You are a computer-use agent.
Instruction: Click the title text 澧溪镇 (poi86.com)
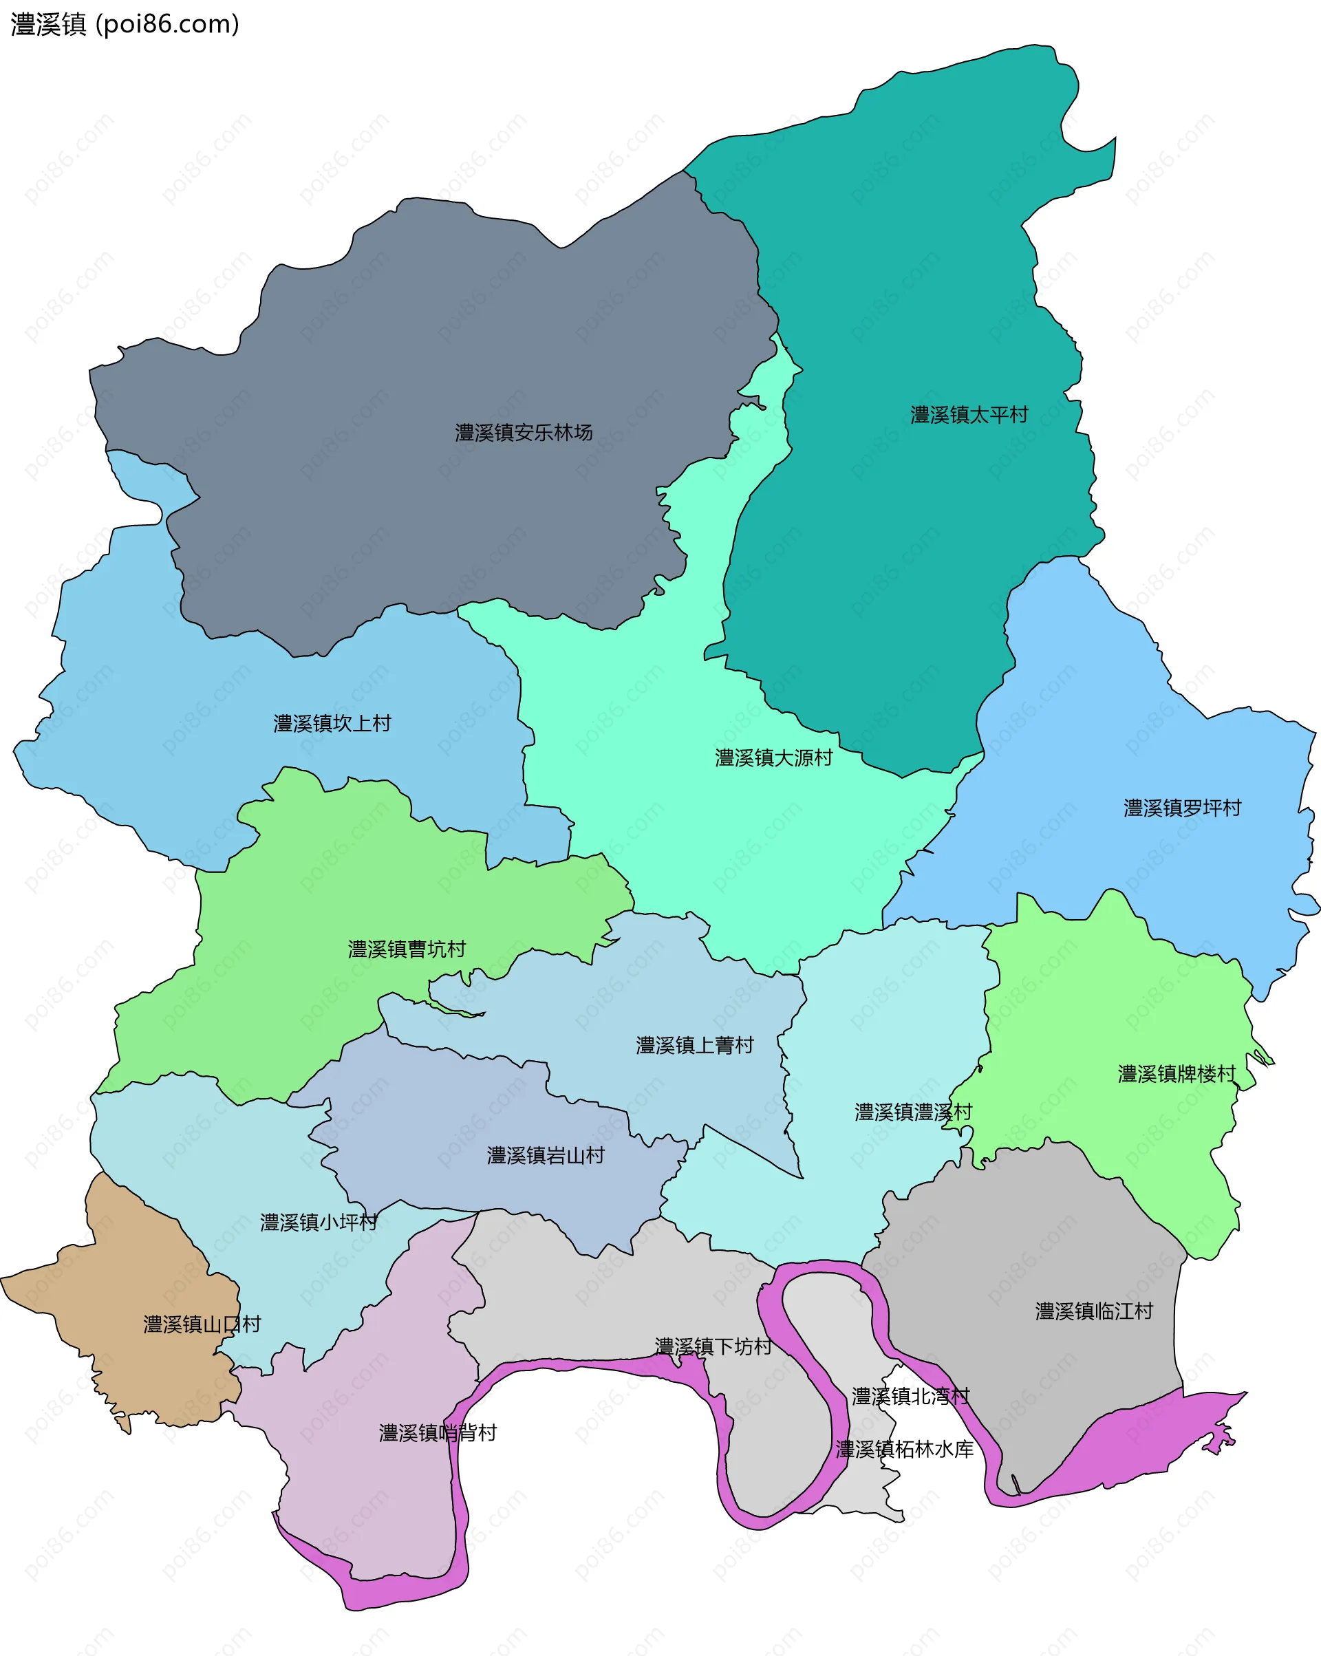pyautogui.click(x=125, y=25)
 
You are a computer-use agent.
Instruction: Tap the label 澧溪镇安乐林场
pyautogui.click(x=524, y=433)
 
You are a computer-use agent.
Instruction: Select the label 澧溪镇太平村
pyautogui.click(x=969, y=415)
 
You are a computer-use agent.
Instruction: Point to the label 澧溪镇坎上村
pyautogui.click(x=332, y=723)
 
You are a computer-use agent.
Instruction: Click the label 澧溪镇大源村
pyautogui.click(x=774, y=757)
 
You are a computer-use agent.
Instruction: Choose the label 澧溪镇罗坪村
pyautogui.click(x=1183, y=807)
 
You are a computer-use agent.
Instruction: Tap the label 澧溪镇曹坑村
pyautogui.click(x=407, y=949)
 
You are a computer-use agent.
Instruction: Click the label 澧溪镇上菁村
pyautogui.click(x=695, y=1044)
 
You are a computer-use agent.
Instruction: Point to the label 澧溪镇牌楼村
pyautogui.click(x=1177, y=1073)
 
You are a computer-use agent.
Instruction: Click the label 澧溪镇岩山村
pyautogui.click(x=546, y=1155)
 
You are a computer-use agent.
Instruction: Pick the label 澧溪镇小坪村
pyautogui.click(x=319, y=1222)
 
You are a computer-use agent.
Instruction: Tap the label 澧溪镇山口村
pyautogui.click(x=202, y=1324)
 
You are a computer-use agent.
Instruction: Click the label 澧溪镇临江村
pyautogui.click(x=1095, y=1311)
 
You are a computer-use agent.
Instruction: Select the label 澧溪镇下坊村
pyautogui.click(x=713, y=1346)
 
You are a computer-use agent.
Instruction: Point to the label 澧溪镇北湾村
pyautogui.click(x=911, y=1396)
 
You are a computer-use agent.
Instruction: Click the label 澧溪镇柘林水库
pyautogui.click(x=905, y=1449)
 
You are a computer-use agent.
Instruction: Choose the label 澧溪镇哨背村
pyautogui.click(x=438, y=1432)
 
